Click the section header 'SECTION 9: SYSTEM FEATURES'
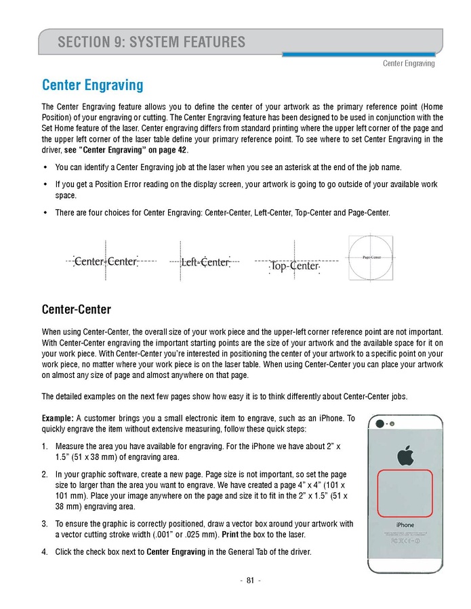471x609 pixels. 151,43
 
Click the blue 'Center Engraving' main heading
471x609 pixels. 92,85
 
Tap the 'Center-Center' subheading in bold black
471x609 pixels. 76,310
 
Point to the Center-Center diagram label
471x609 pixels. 106,261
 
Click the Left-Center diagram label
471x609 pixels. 205,262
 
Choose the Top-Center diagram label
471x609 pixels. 294,266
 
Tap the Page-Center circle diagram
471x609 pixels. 371,258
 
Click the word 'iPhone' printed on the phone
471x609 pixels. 405,525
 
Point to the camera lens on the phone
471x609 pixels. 380,423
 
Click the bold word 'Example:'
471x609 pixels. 58,419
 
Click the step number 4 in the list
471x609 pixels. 44,552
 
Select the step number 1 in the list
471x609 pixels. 44,447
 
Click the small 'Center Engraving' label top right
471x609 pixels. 409,64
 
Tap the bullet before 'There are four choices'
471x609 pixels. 45,213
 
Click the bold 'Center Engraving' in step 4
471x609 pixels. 176,552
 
